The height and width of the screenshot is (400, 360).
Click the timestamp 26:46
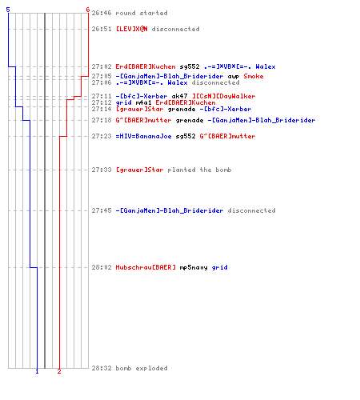tap(102, 13)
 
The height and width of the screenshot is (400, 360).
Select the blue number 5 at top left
tap(8, 10)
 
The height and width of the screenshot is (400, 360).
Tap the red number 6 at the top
tap(88, 10)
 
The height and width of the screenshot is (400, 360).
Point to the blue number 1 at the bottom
tap(37, 371)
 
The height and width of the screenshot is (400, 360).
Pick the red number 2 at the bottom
tap(59, 371)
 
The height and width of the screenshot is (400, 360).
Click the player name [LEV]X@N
tap(131, 29)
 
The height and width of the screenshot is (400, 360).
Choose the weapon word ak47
tap(179, 96)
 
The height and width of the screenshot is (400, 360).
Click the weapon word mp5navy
tap(194, 267)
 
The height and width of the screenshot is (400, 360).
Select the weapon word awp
tap(234, 77)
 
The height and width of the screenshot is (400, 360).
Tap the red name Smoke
tap(254, 76)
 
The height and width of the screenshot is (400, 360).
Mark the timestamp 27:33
tap(102, 170)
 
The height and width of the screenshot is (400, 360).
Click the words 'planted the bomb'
tap(199, 170)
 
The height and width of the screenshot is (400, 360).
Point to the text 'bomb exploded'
tap(142, 368)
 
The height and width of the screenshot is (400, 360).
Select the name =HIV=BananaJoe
tap(143, 136)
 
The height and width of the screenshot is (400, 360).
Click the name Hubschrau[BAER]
tap(146, 267)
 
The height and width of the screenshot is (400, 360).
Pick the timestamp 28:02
tap(102, 267)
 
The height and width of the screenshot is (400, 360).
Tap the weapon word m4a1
tap(143, 102)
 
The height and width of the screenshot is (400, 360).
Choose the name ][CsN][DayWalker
tap(224, 96)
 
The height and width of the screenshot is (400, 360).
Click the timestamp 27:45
tap(102, 210)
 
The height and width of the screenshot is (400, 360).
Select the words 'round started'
tap(142, 13)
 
